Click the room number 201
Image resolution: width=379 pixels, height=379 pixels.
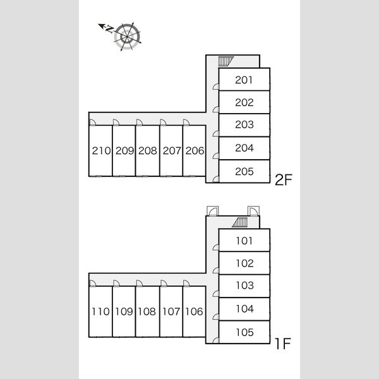click(x=244, y=80)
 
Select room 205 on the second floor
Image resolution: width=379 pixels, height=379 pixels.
click(x=244, y=171)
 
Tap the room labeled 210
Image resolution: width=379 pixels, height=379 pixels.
click(x=101, y=150)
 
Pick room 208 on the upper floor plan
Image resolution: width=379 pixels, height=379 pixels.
click(x=148, y=150)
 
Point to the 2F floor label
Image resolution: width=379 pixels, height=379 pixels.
click(x=284, y=179)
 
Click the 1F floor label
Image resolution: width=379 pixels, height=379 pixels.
click(x=282, y=344)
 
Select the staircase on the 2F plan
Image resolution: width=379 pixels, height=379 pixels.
click(x=226, y=61)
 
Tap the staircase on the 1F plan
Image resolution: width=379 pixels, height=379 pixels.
click(x=240, y=222)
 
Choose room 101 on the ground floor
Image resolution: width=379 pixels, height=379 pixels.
click(x=244, y=241)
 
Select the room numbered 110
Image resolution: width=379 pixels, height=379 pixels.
click(x=101, y=311)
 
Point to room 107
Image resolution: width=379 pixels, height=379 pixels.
click(x=171, y=311)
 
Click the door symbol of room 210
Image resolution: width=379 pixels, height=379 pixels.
click(x=92, y=123)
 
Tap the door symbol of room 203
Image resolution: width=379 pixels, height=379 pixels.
click(x=216, y=133)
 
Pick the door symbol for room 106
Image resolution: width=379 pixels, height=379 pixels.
click(x=186, y=283)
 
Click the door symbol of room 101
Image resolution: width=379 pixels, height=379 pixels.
click(x=216, y=248)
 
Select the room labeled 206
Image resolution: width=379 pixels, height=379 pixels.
click(x=195, y=150)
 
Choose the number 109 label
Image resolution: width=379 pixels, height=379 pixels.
click(x=124, y=311)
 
